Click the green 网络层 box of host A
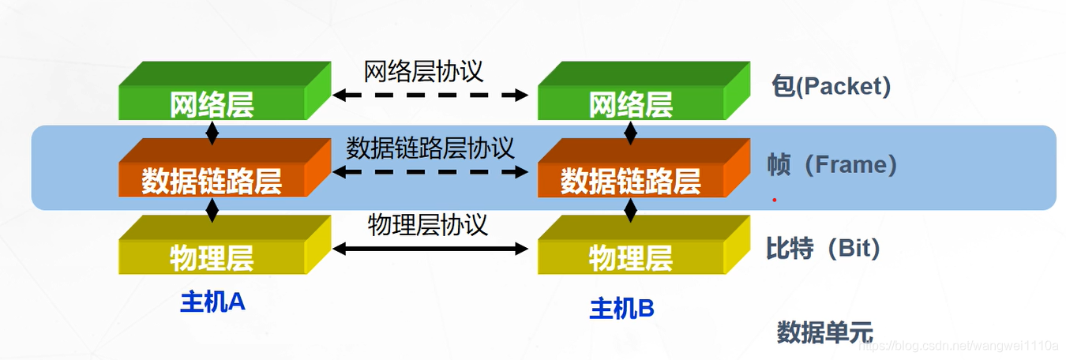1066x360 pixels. [212, 103]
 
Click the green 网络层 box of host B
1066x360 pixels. [630, 103]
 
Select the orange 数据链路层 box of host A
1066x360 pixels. [212, 180]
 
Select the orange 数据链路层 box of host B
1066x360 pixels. [630, 180]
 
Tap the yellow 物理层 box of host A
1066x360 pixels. [212, 257]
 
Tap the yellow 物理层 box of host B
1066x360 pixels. [630, 257]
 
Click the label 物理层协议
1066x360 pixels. [428, 225]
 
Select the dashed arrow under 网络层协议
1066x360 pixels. [430, 96]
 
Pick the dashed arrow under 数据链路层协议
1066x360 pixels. [430, 172]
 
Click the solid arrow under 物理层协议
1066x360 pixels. [430, 249]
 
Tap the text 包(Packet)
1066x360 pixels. [831, 86]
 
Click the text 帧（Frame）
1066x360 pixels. [832, 165]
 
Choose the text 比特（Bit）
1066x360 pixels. [823, 249]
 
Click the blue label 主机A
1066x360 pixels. [212, 302]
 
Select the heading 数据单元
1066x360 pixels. [824, 332]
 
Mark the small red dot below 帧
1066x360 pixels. [775, 200]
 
